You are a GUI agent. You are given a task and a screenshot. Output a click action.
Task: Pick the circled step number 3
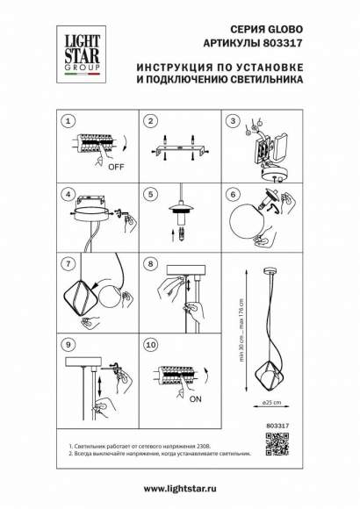pos(233,120)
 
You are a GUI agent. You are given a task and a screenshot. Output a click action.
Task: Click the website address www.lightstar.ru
pos(179,485)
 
